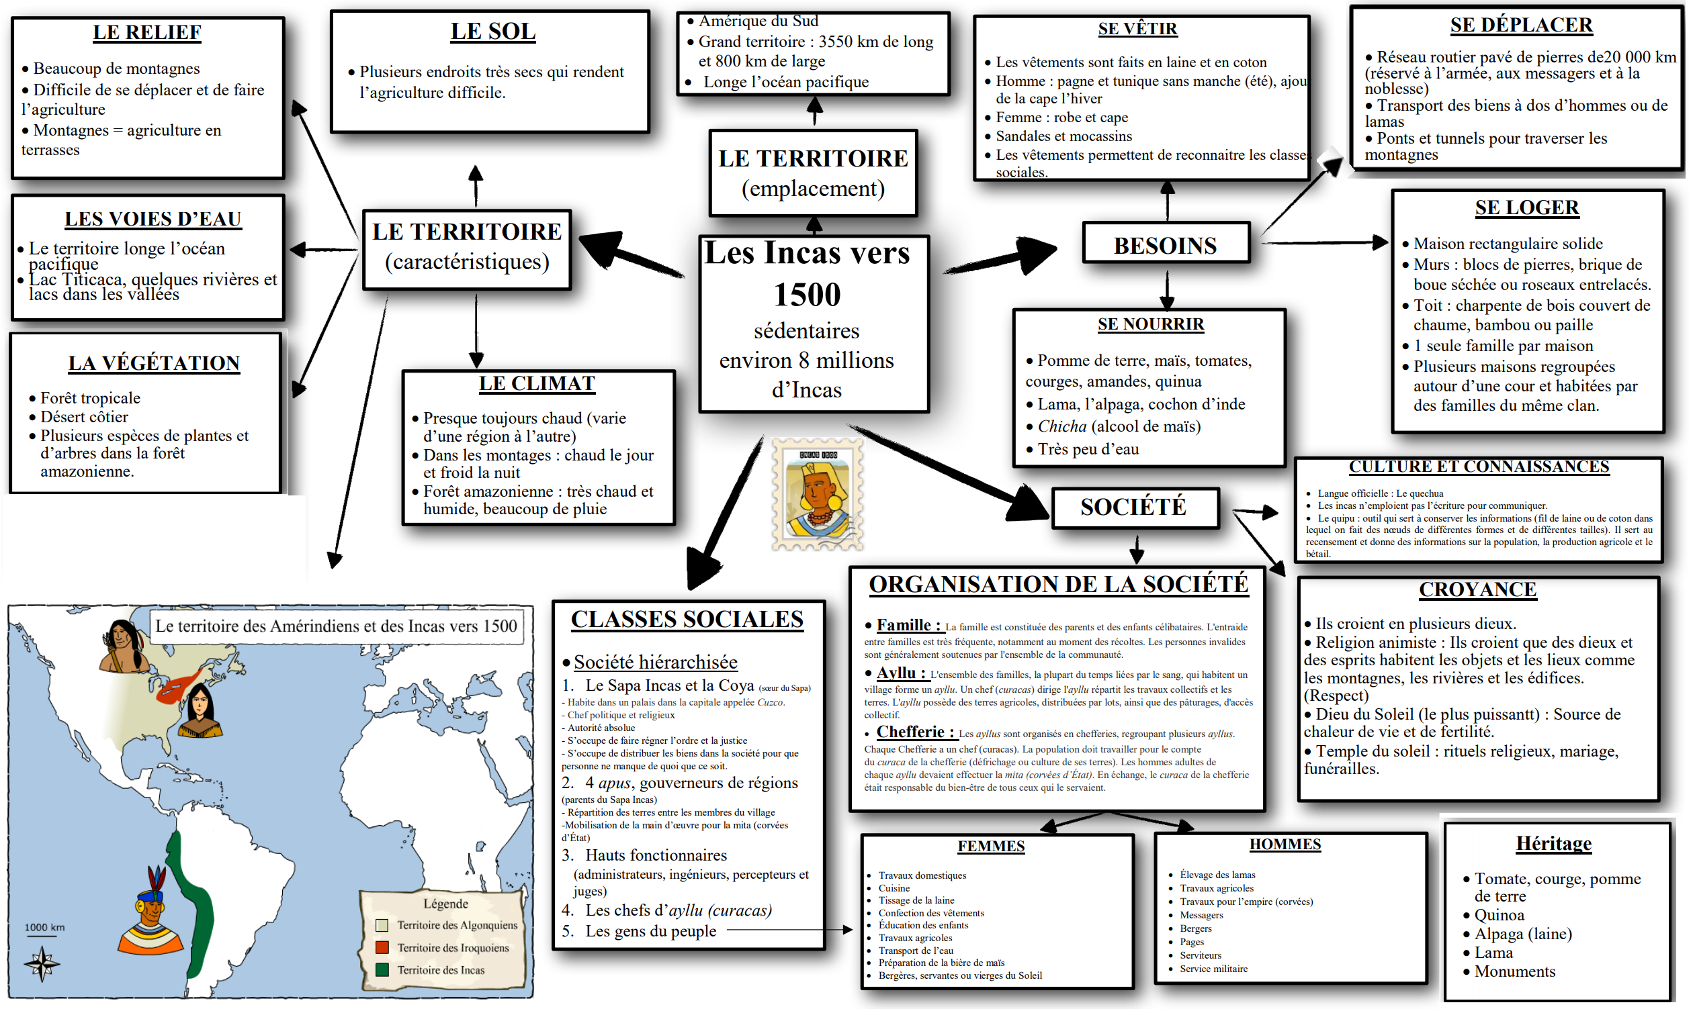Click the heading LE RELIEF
pos(147,32)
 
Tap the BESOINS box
pos(1166,245)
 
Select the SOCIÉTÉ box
pos(1133,508)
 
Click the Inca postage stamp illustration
pos(818,494)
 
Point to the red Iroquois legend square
pos(382,947)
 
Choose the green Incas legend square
pos(382,970)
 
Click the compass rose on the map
pos(42,963)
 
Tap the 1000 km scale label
pos(44,928)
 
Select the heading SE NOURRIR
pos(1151,324)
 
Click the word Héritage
pos(1553,844)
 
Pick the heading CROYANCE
pos(1477,590)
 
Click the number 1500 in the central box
pos(808,295)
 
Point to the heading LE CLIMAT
pos(537,383)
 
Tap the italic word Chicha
pos(1062,427)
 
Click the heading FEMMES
pos(991,847)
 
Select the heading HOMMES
pos(1285,845)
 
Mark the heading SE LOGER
pos(1526,207)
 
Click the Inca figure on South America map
pos(151,911)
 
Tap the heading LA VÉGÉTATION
pos(154,363)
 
